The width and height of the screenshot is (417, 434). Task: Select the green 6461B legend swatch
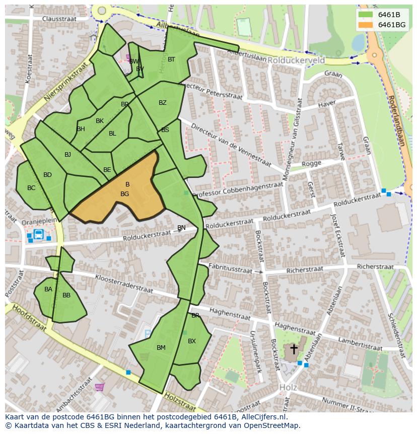click(x=366, y=14)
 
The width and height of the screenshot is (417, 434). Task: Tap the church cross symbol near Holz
click(x=294, y=349)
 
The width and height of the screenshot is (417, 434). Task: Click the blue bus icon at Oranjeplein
click(x=38, y=234)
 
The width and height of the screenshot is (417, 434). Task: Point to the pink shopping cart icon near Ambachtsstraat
click(x=100, y=387)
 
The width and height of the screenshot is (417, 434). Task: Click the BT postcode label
click(x=171, y=59)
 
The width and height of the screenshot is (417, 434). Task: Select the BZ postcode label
click(x=162, y=103)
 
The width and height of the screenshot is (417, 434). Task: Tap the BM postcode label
click(x=161, y=348)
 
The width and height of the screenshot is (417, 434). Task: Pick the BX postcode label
click(x=191, y=341)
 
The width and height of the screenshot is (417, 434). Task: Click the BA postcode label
click(x=48, y=289)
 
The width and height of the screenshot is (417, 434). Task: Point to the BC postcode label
click(x=31, y=188)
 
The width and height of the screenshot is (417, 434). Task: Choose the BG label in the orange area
click(x=125, y=194)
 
